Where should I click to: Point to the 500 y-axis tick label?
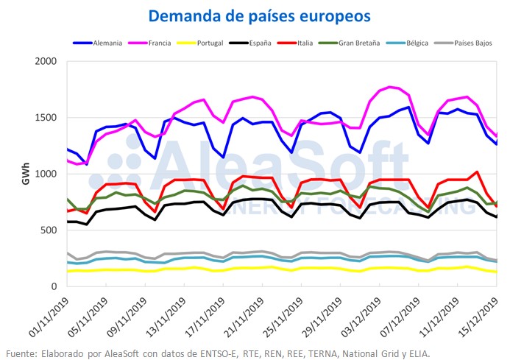click(x=48, y=230)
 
